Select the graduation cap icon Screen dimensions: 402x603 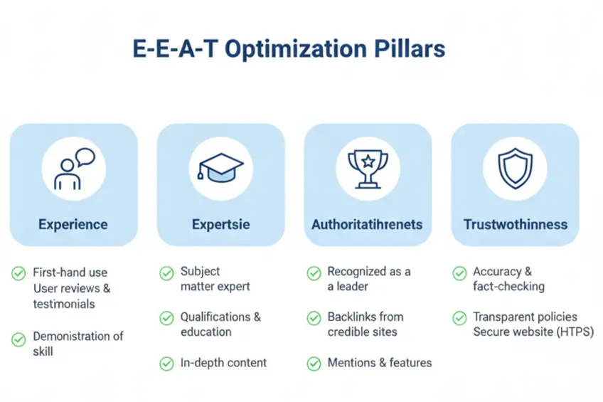[220, 169]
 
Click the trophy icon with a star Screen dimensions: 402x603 [368, 169]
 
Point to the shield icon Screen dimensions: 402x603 [515, 169]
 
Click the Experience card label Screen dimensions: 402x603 [73, 225]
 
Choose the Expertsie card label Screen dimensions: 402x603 [220, 225]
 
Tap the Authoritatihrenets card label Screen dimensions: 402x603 [367, 225]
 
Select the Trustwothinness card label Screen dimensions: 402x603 [516, 225]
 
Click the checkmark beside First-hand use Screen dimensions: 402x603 [18, 273]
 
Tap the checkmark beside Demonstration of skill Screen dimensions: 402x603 [18, 339]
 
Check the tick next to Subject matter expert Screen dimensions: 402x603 [166, 273]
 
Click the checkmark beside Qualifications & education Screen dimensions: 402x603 [166, 318]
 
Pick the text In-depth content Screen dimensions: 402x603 [223, 363]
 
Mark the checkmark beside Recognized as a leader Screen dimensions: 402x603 [314, 273]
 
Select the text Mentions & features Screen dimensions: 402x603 [379, 363]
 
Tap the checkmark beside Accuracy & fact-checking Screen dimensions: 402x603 [460, 273]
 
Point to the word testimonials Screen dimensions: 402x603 [64, 304]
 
